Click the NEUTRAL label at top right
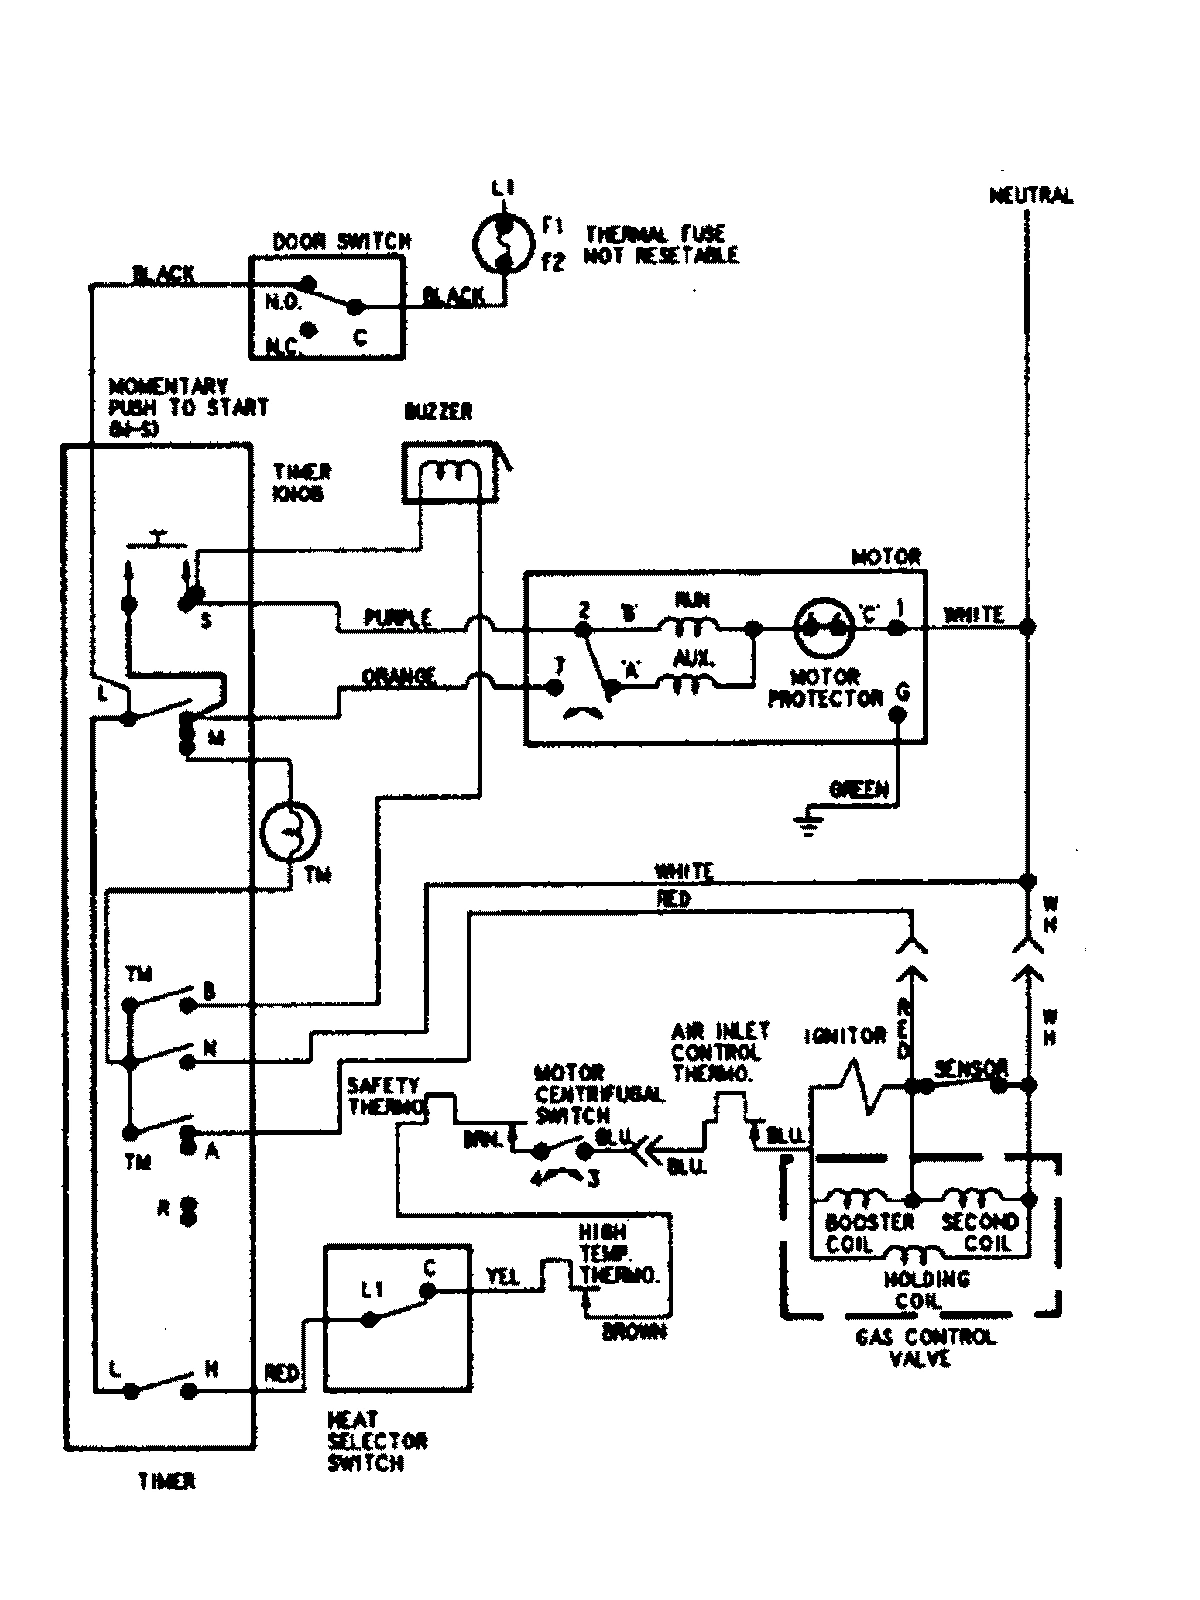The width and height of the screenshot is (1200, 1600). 1031,196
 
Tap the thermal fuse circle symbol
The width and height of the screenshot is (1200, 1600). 504,241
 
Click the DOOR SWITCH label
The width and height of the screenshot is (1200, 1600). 341,241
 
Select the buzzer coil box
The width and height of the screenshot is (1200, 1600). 449,472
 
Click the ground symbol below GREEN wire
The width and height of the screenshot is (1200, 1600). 809,824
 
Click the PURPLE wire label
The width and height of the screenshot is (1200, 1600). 398,618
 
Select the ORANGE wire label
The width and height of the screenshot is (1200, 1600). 399,677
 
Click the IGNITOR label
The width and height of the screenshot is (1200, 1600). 845,1037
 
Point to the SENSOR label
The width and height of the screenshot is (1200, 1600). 970,1069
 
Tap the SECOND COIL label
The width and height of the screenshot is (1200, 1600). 979,1232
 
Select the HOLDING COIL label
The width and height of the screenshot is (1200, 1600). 926,1290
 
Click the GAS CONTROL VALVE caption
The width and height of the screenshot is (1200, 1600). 925,1347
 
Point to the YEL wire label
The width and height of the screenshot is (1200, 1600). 502,1277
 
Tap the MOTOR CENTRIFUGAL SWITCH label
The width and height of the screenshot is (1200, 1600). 598,1094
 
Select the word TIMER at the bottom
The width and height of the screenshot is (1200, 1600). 167,1482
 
